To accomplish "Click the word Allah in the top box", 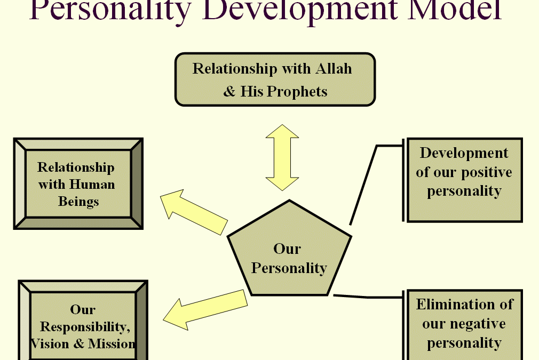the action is coord(334,68).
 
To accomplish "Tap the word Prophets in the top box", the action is coord(297,92).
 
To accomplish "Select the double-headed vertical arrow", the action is coord(282,157).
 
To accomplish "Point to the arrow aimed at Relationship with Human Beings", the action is coord(194,212).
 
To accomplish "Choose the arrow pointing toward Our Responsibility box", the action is coord(205,310).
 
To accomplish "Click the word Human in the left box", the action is coord(92,185).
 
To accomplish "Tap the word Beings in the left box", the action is coord(78,202).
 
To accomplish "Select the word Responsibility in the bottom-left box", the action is coord(85,327).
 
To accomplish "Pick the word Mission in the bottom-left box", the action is coord(112,344).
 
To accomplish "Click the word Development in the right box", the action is coord(464,153).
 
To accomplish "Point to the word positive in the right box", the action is coord(486,172).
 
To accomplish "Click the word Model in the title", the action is coord(455,10).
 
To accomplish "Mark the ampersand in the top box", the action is coord(229,92).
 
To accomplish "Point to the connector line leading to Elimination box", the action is coord(369,296).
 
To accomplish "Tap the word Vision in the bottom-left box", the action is coord(50,344).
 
